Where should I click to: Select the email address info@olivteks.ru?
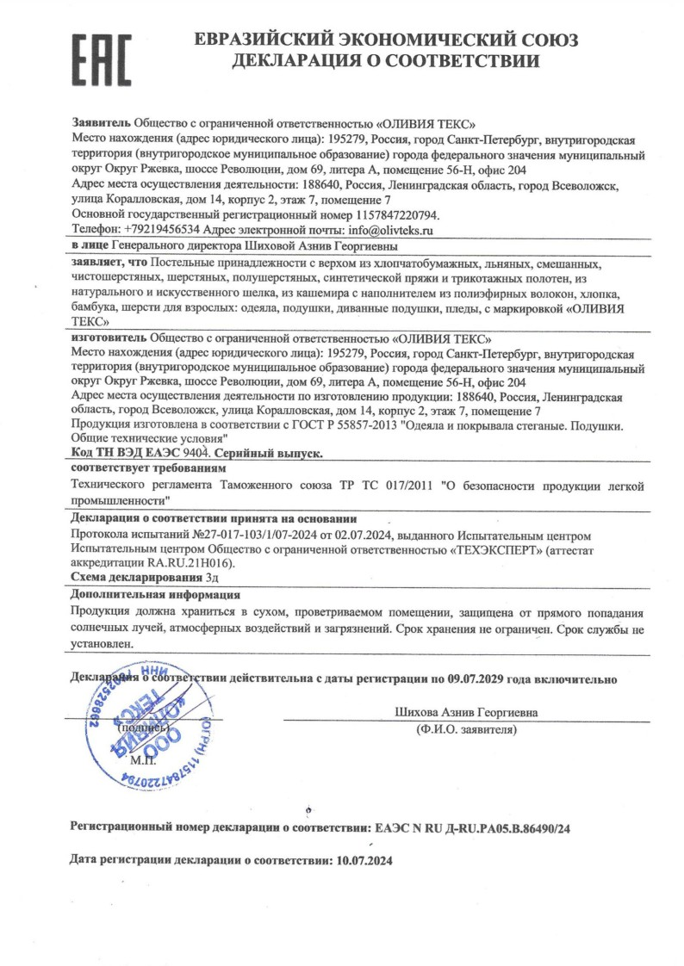pyautogui.click(x=389, y=231)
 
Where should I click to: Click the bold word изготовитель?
pyautogui.click(x=109, y=338)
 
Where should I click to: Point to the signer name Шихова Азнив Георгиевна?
pyautogui.click(x=465, y=713)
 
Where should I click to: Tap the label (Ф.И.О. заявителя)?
pyautogui.click(x=465, y=730)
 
